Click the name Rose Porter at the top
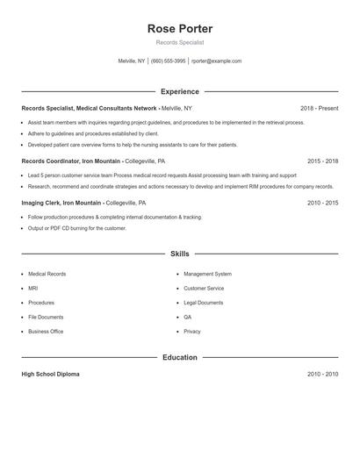(x=180, y=29)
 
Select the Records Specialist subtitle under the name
(x=180, y=42)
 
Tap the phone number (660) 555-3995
(x=169, y=61)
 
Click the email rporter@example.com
(x=216, y=61)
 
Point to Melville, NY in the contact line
(x=133, y=61)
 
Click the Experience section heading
(x=180, y=91)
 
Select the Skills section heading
(x=180, y=254)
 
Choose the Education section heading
(x=180, y=358)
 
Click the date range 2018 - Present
(x=319, y=108)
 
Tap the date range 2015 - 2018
(x=322, y=161)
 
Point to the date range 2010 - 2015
(x=322, y=203)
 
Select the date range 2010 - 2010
(x=322, y=375)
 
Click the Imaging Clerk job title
(x=41, y=203)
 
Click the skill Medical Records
(x=47, y=275)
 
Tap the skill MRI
(x=32, y=289)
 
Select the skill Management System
(x=207, y=275)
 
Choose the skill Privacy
(x=192, y=332)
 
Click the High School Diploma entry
(x=50, y=375)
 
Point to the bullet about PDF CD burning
(x=77, y=228)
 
